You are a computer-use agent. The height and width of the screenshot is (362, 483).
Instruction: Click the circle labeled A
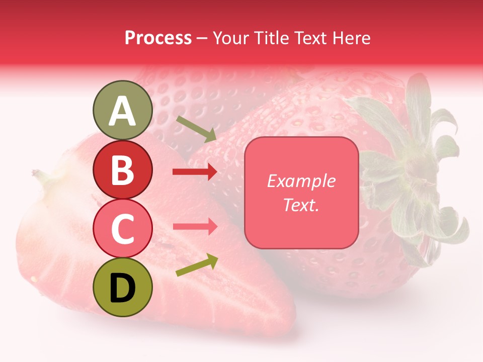(x=123, y=111)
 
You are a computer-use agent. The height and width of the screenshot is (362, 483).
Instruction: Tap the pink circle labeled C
(x=123, y=228)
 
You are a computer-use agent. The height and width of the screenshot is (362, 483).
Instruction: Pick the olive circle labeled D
(x=123, y=287)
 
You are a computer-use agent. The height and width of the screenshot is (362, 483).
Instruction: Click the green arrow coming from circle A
(x=196, y=128)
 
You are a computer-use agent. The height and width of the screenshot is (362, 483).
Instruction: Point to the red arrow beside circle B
(x=195, y=172)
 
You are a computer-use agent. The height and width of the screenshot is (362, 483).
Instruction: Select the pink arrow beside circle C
(x=195, y=226)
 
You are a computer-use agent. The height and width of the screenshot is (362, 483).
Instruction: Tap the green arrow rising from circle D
(x=197, y=265)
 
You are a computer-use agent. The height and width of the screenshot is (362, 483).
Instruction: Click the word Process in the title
(x=158, y=38)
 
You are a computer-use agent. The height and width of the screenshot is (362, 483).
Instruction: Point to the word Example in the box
(x=301, y=181)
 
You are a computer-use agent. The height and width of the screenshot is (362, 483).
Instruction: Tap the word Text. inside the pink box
(x=301, y=205)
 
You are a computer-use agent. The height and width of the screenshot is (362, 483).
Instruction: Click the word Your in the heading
(x=231, y=38)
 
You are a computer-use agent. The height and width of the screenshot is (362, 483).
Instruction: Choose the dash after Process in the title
(x=202, y=38)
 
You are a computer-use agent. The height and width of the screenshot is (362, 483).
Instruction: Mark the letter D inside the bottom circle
(x=123, y=288)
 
